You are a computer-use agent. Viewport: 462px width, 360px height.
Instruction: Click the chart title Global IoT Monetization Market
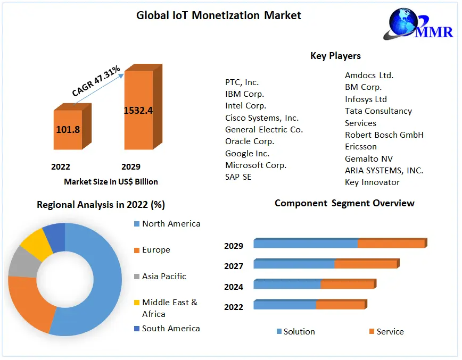coord(219,15)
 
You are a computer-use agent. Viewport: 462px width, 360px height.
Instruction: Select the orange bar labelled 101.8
coord(68,130)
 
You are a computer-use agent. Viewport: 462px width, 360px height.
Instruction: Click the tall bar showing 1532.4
coord(138,111)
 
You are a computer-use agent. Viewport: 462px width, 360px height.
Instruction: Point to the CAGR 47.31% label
coord(96,81)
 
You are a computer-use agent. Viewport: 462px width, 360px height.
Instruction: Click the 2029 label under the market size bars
coord(131,166)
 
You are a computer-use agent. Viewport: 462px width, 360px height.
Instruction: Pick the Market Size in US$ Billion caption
coord(111,181)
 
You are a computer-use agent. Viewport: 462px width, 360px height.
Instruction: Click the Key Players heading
coord(335,56)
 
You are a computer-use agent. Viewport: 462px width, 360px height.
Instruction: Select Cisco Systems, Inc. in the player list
coord(262,118)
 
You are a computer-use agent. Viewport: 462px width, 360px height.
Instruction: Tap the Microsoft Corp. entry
coord(255,165)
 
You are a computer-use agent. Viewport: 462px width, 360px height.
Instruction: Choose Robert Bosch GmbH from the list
coord(384,135)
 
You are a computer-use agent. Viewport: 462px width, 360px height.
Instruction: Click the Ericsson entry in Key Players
coord(360,146)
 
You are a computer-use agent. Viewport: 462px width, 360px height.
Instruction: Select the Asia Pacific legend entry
coord(163,276)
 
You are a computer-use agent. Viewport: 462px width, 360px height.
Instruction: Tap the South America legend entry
coord(170,328)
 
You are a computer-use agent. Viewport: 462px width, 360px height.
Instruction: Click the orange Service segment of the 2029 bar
coord(391,244)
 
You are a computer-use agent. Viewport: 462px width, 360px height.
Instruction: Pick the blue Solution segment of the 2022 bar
coord(285,305)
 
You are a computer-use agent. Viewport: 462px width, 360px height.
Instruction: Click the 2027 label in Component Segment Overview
coord(234,266)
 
